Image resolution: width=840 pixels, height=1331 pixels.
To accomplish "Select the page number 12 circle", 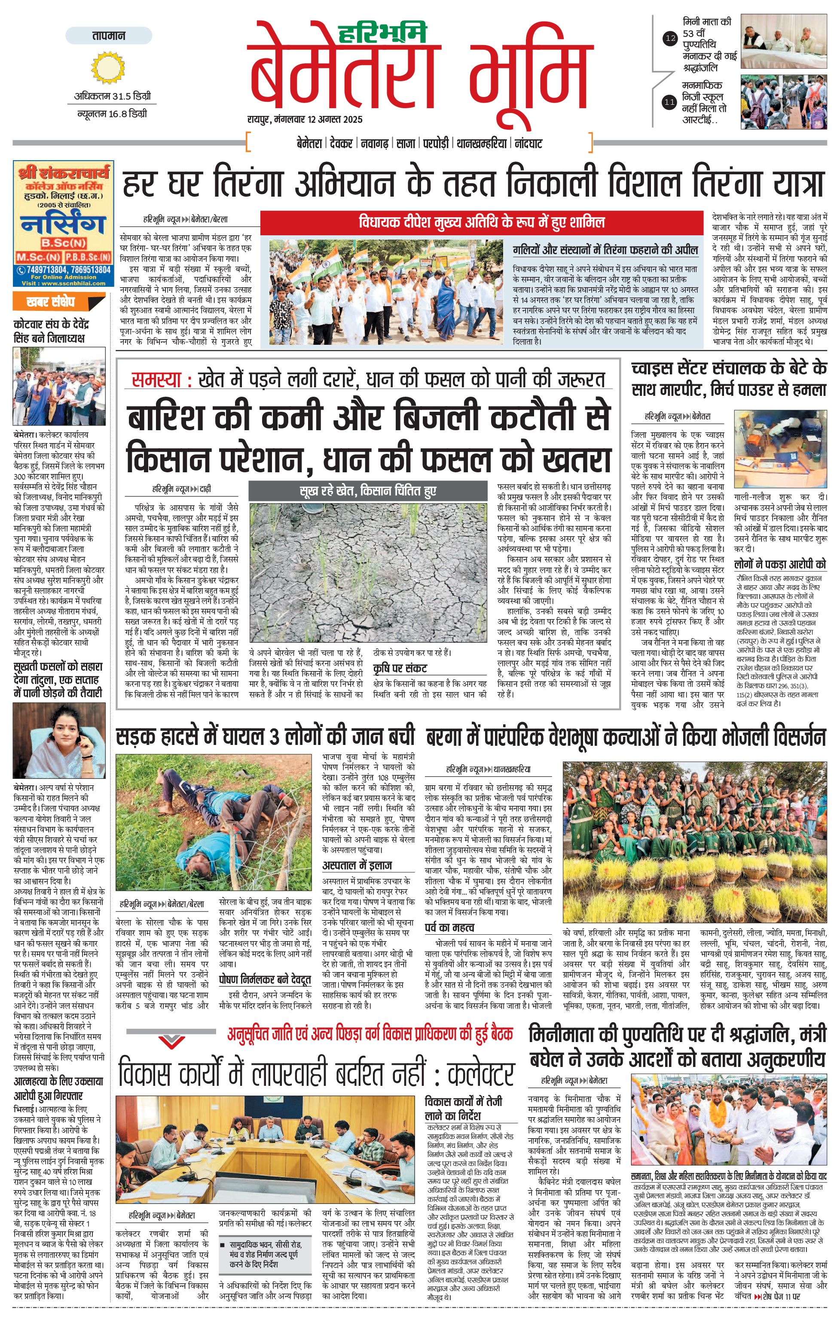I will [x=670, y=39].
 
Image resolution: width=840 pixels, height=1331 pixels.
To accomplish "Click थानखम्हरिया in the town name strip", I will [x=481, y=144].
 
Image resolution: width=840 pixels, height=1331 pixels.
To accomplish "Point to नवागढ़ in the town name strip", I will [x=374, y=144].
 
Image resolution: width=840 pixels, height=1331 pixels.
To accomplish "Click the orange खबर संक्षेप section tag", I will [x=50, y=302].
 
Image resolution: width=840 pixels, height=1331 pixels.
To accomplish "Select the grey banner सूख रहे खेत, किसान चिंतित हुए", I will [x=368, y=491].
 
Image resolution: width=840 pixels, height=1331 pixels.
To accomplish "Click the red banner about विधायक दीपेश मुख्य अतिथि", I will [x=481, y=223].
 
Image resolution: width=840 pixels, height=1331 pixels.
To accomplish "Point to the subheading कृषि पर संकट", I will [x=400, y=668].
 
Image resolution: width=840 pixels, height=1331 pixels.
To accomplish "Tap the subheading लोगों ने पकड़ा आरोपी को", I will [x=780, y=564].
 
